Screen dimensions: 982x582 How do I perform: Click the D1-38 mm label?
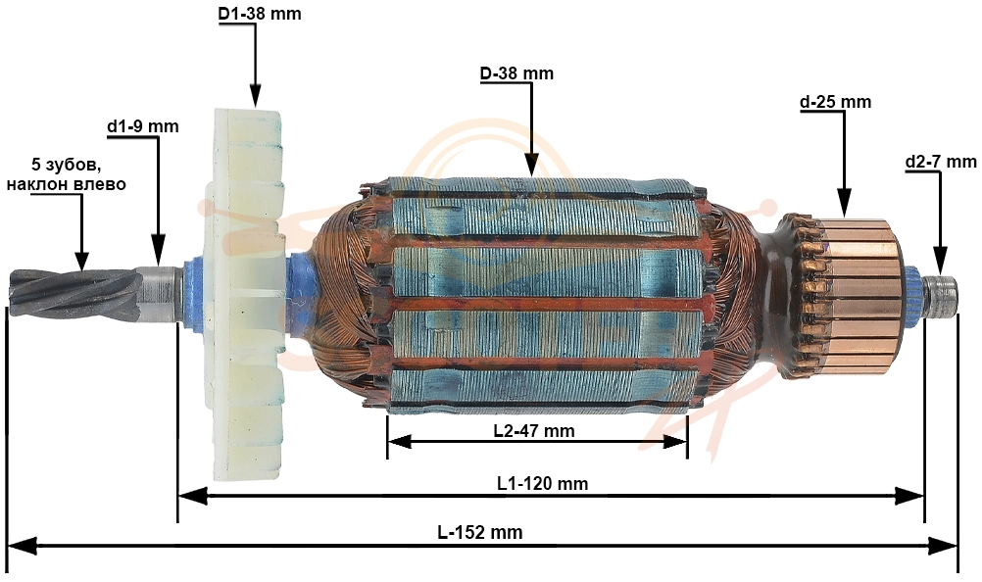click(x=260, y=13)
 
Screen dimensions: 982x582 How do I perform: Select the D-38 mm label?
click(x=516, y=73)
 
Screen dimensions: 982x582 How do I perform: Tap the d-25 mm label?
click(x=835, y=101)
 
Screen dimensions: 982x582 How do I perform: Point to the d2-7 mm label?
click(x=941, y=162)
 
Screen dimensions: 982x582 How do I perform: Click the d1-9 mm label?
click(x=143, y=126)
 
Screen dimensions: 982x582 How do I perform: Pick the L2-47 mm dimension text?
click(x=533, y=430)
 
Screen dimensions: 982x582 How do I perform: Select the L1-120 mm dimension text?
click(x=543, y=483)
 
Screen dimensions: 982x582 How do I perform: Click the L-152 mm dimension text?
click(x=479, y=532)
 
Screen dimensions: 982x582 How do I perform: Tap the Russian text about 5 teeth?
click(x=66, y=174)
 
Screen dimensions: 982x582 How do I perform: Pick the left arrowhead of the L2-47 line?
click(x=400, y=442)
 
